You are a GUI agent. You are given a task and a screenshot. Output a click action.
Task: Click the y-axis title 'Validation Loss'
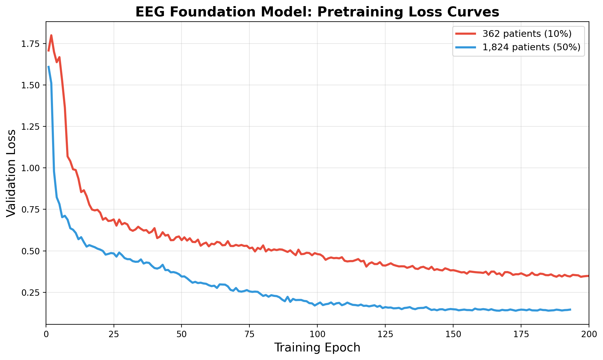coord(11,173)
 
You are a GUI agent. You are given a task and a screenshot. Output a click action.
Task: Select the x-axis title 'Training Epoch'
coord(317,348)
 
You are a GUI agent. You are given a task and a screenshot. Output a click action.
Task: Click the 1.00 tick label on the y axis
coord(30,168)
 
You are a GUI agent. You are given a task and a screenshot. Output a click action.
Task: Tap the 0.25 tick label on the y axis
coord(30,292)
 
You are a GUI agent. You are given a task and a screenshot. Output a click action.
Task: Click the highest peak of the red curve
coord(51,35)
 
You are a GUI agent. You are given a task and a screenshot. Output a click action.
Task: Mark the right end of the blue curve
coord(570,309)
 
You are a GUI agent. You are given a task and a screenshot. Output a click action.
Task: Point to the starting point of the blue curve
coord(48,66)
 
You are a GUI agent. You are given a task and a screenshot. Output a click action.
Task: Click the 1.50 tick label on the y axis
coord(30,85)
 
